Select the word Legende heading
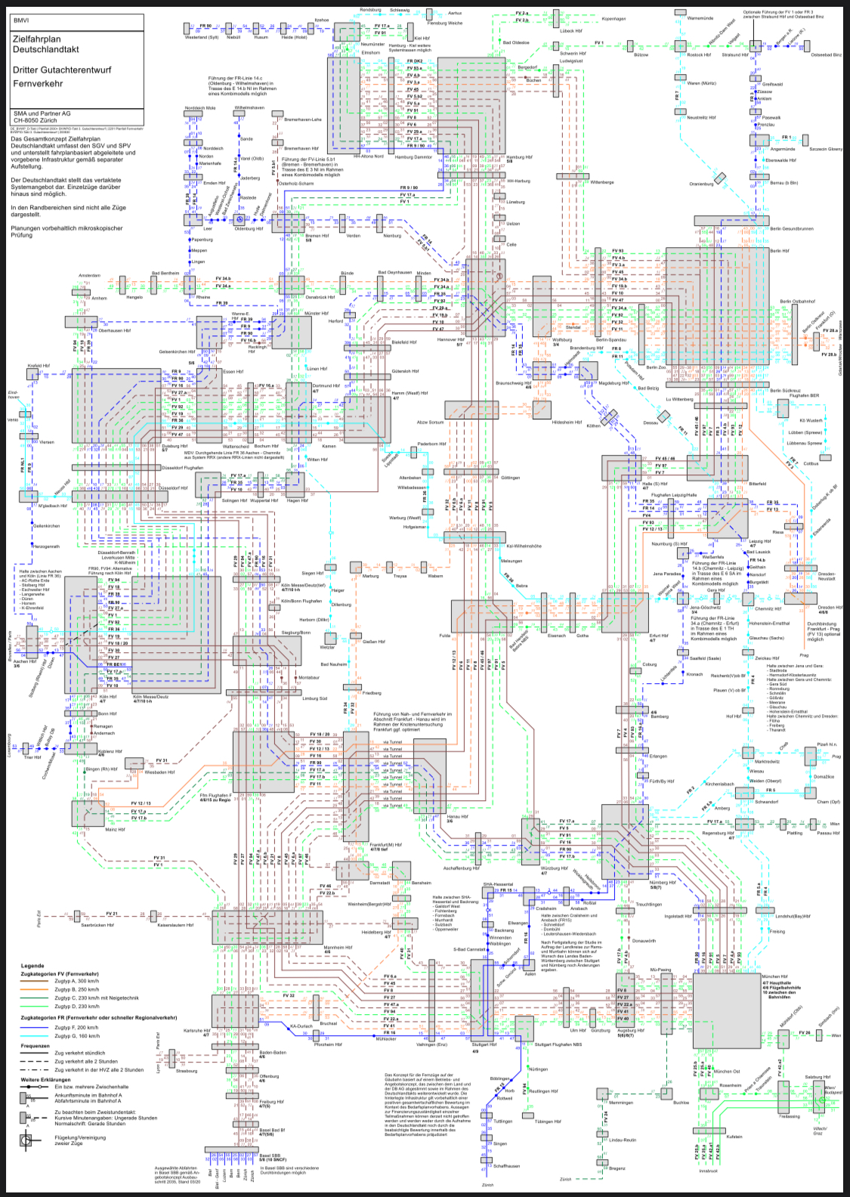(32, 966)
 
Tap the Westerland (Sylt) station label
(202, 37)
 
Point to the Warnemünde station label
(700, 18)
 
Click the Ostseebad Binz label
(826, 55)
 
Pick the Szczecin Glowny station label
(825, 149)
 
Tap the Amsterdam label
(89, 276)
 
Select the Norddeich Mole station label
(200, 108)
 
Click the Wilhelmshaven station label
(249, 108)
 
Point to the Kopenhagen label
(614, 19)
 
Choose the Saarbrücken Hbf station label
(97, 925)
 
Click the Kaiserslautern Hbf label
(175, 925)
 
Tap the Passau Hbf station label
(828, 833)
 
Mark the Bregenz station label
(617, 1168)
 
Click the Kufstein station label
(734, 1137)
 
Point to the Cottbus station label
(811, 464)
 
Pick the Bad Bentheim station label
(165, 274)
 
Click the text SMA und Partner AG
(42, 113)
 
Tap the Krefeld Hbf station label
(39, 366)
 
